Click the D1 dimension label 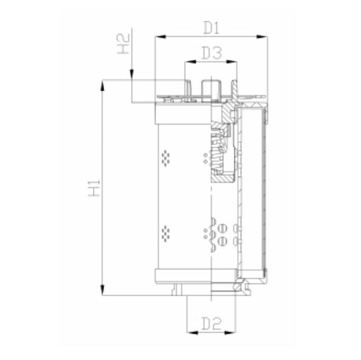[x=210, y=26]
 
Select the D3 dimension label [x=211, y=54]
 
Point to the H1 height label [x=94, y=188]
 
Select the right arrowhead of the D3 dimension [x=234, y=63]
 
